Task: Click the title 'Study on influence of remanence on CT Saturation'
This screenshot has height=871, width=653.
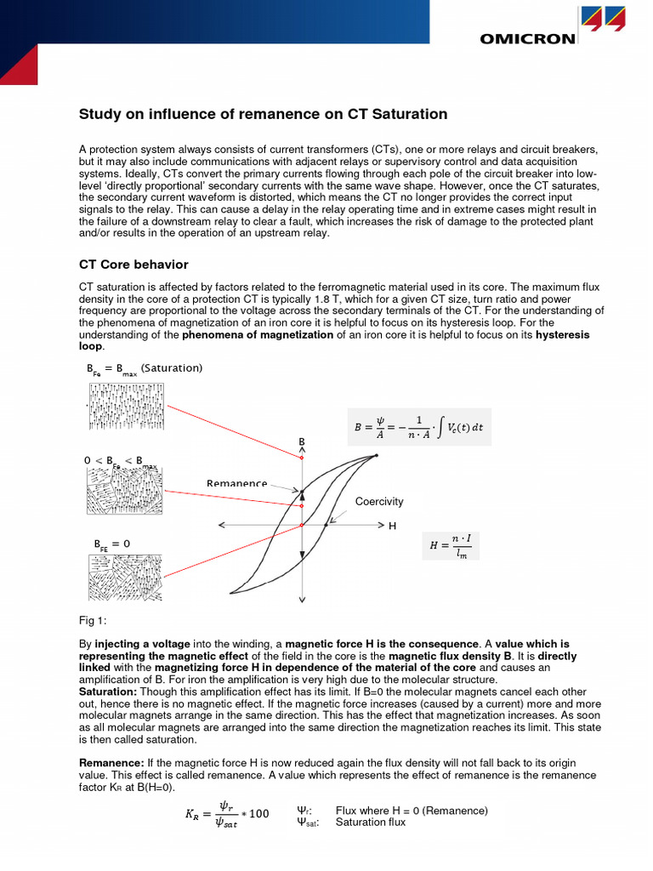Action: pyautogui.click(x=263, y=114)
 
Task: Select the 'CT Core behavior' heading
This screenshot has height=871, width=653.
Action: pyautogui.click(x=133, y=265)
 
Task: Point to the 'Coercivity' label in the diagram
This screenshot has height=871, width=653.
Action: pyautogui.click(x=379, y=502)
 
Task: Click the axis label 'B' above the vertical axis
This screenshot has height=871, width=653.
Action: pyautogui.click(x=301, y=442)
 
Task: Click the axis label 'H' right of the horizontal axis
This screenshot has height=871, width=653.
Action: pyautogui.click(x=392, y=527)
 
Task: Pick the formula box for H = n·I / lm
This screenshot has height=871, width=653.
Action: pyautogui.click(x=450, y=546)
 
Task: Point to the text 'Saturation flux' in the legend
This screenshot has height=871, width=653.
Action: pyautogui.click(x=371, y=823)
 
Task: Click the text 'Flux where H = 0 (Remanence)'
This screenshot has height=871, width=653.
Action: pyautogui.click(x=412, y=811)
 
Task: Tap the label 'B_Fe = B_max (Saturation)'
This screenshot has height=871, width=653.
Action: pyautogui.click(x=145, y=368)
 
